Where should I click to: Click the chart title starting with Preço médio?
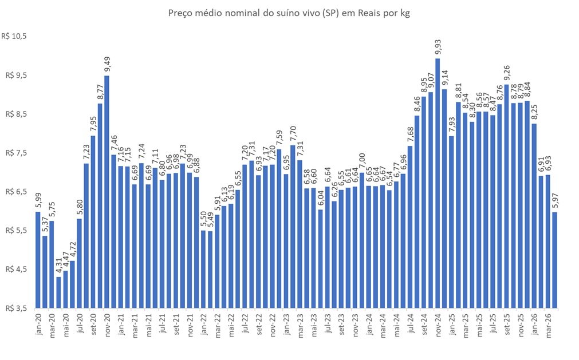289,13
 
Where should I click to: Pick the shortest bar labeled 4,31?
58,292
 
